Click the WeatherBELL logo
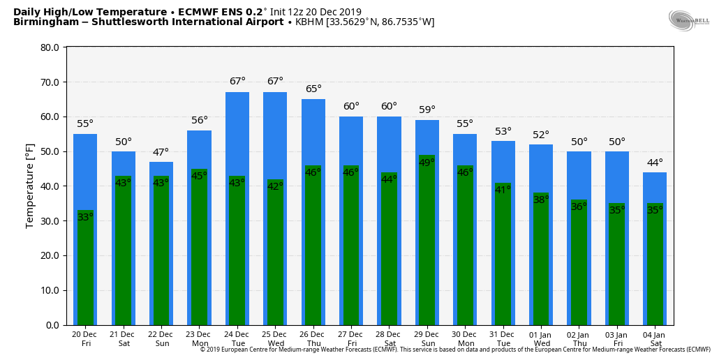(688, 20)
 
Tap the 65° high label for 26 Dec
(313, 89)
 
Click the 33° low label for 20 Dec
(85, 218)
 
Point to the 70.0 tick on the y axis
(50, 82)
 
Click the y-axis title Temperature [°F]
(30, 186)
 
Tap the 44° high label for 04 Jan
(655, 163)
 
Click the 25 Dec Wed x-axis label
(275, 339)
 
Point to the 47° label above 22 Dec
(161, 152)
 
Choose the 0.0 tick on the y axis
(52, 325)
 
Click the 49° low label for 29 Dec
(427, 163)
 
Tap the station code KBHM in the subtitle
(309, 22)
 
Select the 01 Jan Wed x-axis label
(541, 339)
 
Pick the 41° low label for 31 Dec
(503, 190)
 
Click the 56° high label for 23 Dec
(200, 120)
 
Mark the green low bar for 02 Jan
(579, 265)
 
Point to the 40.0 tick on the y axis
(50, 186)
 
